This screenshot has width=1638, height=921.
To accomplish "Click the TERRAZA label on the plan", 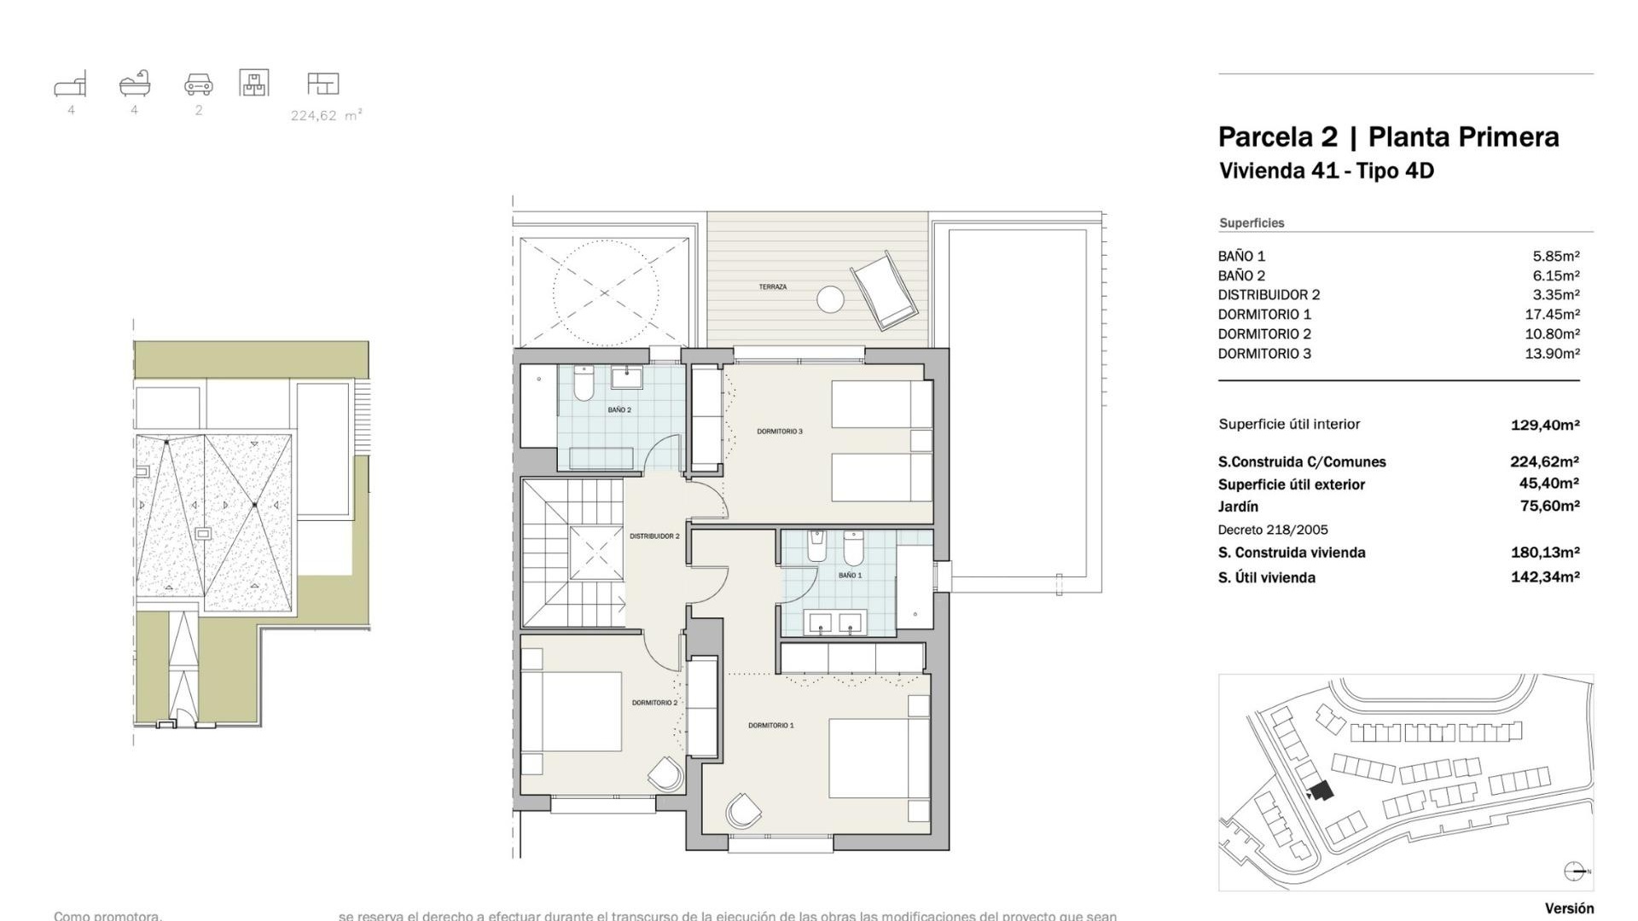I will pyautogui.click(x=772, y=287).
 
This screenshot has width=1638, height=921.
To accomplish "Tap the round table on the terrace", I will pyautogui.click(x=830, y=299).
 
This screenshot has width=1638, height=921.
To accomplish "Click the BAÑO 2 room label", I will pyautogui.click(x=619, y=410).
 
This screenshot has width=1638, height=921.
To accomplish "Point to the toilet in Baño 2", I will pyautogui.click(x=584, y=385).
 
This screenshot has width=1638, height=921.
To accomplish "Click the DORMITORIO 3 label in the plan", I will pyautogui.click(x=780, y=432).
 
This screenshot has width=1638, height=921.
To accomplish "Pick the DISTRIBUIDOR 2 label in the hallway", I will pyautogui.click(x=654, y=536).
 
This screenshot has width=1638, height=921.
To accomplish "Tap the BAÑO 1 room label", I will pyautogui.click(x=850, y=576).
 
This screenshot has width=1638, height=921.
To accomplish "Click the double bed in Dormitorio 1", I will pyautogui.click(x=879, y=758).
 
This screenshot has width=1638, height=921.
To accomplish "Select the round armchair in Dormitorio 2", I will pyautogui.click(x=665, y=775).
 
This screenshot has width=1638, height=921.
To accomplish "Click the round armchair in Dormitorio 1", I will pyautogui.click(x=743, y=810).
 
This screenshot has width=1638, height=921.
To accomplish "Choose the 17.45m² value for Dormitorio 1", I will pyautogui.click(x=1552, y=315).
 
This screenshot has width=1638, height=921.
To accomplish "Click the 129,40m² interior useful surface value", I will pyautogui.click(x=1544, y=425).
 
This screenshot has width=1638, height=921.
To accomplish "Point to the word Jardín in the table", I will pyautogui.click(x=1238, y=507).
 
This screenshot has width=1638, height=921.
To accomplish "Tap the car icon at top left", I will pyautogui.click(x=199, y=84).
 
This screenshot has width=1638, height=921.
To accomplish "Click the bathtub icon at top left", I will pyautogui.click(x=135, y=84).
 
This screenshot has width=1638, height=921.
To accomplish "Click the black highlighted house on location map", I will pyautogui.click(x=1321, y=791).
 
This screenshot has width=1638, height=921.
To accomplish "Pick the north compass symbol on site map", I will pyautogui.click(x=1575, y=871).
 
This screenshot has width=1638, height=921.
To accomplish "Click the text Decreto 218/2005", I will pyautogui.click(x=1273, y=530).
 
